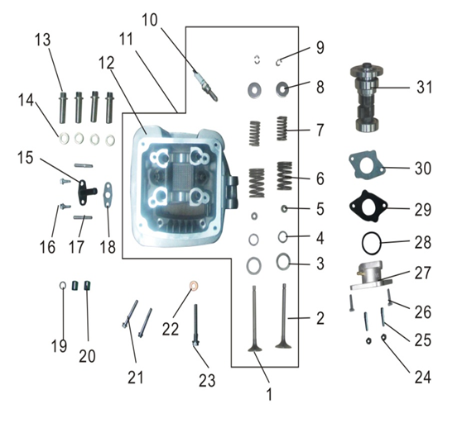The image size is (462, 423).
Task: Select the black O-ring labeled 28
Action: (x=373, y=244)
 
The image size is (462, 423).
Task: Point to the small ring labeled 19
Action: (x=63, y=287)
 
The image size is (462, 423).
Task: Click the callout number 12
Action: (x=106, y=62)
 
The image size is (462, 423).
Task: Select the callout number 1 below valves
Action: (x=269, y=396)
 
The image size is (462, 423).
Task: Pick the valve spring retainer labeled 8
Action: (x=283, y=88)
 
